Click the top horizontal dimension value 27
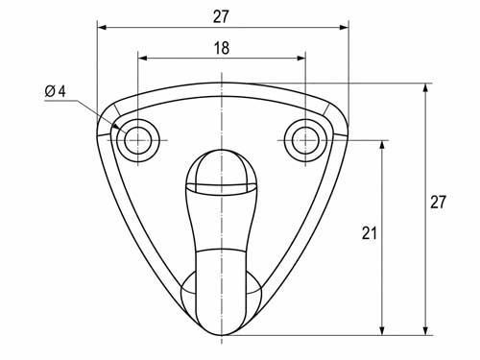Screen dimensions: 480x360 click(221, 16)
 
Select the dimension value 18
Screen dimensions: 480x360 click(222, 48)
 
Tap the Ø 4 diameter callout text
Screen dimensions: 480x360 click(55, 91)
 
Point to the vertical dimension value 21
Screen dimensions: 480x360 click(370, 232)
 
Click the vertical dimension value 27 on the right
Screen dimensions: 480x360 click(438, 203)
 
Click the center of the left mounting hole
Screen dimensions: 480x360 click(138, 140)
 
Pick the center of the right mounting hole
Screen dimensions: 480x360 click(305, 140)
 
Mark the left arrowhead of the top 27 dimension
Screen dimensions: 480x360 click(102, 28)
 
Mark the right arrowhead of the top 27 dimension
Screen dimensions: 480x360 click(344, 28)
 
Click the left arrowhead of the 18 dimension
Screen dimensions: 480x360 click(142, 59)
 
